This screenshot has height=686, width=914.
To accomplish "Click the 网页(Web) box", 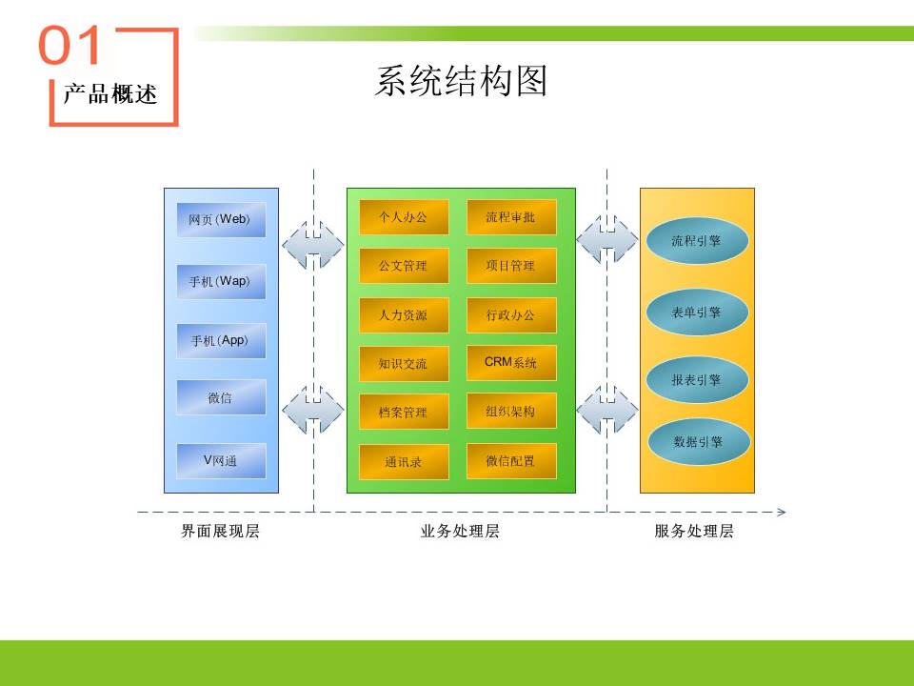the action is pyautogui.click(x=221, y=219).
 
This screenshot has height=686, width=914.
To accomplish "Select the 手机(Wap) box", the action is pyautogui.click(x=221, y=281).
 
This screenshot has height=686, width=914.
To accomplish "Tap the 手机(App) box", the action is pyautogui.click(x=221, y=341).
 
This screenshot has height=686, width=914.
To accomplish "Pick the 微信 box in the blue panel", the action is pyautogui.click(x=221, y=397).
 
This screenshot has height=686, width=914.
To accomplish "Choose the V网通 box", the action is pyautogui.click(x=221, y=461).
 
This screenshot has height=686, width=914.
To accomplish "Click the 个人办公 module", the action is pyautogui.click(x=404, y=217).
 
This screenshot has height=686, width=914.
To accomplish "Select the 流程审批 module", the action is pyautogui.click(x=511, y=217).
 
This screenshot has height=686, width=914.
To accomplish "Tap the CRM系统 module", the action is pyautogui.click(x=511, y=363).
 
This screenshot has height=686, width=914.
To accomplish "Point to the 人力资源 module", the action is pyautogui.click(x=404, y=315).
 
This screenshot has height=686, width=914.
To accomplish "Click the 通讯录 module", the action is pyautogui.click(x=404, y=462).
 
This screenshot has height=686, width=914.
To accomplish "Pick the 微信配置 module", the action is pyautogui.click(x=511, y=461).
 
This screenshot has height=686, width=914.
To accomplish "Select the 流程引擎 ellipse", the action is pyautogui.click(x=697, y=240).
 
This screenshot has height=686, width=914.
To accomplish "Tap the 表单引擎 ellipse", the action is pyautogui.click(x=697, y=313).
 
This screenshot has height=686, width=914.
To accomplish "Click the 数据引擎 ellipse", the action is pyautogui.click(x=699, y=441).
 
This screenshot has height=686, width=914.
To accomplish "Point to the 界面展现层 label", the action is pyautogui.click(x=220, y=531).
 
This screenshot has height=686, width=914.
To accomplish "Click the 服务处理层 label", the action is pyautogui.click(x=694, y=531).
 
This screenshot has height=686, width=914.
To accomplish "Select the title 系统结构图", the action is pyautogui.click(x=461, y=80).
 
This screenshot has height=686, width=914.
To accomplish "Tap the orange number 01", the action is pyautogui.click(x=70, y=46).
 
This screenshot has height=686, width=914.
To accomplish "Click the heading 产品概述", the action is pyautogui.click(x=110, y=94).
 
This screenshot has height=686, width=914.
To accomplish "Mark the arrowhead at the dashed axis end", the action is pyautogui.click(x=783, y=513).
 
